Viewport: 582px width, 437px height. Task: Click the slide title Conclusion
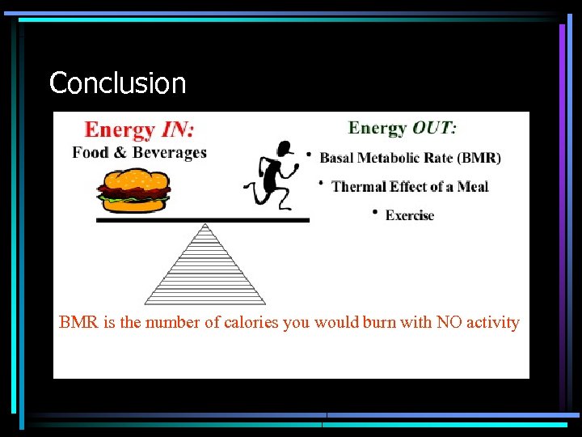coord(117,83)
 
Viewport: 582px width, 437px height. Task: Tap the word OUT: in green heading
coord(434,127)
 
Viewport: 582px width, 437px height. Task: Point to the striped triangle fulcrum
coord(205,267)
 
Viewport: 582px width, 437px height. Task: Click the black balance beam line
coord(202,219)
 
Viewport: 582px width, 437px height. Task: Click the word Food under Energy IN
coord(90,152)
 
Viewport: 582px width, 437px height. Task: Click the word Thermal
coord(359,186)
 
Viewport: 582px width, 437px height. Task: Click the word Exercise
coord(410,215)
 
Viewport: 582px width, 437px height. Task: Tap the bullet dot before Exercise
coord(375,212)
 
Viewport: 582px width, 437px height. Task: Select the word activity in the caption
coord(493,322)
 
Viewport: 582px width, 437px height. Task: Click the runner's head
coord(284,149)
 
